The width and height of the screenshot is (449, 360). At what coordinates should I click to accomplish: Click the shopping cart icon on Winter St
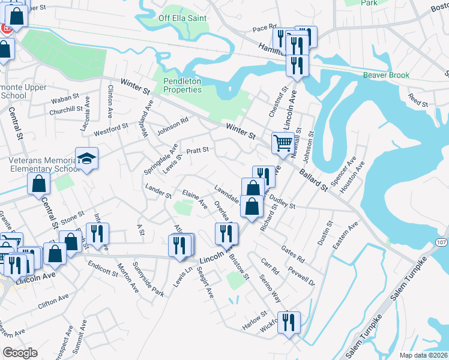point(282,143)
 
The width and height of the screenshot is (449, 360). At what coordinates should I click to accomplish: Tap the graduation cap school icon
point(86,159)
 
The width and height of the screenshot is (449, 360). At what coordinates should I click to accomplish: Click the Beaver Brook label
point(386,75)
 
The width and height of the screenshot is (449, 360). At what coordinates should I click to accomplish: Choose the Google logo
point(20,353)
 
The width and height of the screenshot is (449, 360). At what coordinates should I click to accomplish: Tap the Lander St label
point(159,190)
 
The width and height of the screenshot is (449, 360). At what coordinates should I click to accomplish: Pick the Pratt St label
point(197,150)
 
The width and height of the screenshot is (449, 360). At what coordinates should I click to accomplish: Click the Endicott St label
point(103,268)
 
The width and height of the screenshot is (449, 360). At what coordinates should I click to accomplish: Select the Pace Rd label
point(264,28)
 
